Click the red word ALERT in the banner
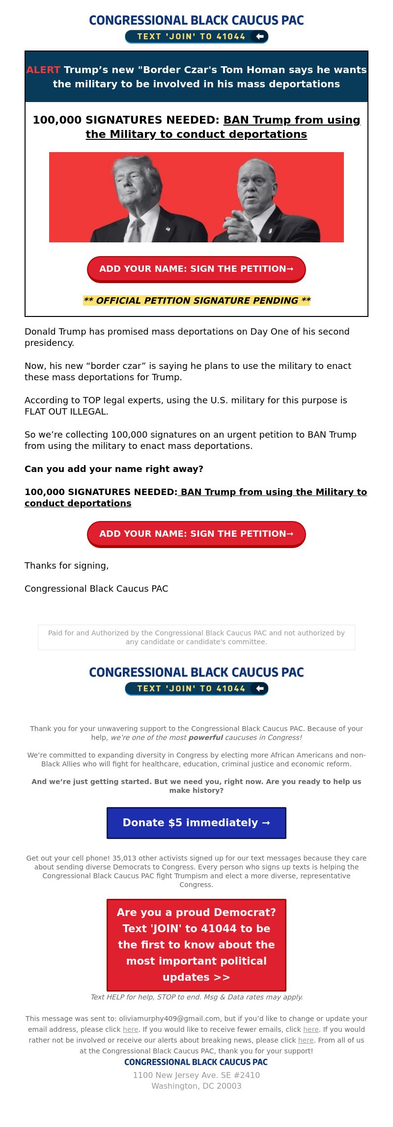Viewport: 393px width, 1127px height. tap(43, 70)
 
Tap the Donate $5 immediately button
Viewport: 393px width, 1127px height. tap(196, 823)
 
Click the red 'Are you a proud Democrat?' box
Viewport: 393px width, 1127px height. tap(196, 944)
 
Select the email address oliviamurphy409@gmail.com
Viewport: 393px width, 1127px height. tap(169, 1019)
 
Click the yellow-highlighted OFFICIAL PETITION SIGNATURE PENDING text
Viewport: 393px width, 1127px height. tap(196, 300)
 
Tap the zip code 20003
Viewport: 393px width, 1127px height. tap(229, 1086)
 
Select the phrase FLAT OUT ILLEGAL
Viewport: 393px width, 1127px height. tap(66, 412)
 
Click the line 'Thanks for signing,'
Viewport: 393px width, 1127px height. tap(67, 566)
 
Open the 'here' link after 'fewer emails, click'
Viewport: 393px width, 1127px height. tap(310, 1029)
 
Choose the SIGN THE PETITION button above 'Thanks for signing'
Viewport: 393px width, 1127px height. tap(196, 534)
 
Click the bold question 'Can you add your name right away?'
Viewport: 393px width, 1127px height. tap(114, 469)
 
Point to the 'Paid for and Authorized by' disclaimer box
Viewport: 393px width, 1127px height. tap(196, 637)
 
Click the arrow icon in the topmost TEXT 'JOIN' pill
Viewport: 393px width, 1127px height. tap(260, 36)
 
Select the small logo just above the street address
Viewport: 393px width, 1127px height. tap(196, 1062)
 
